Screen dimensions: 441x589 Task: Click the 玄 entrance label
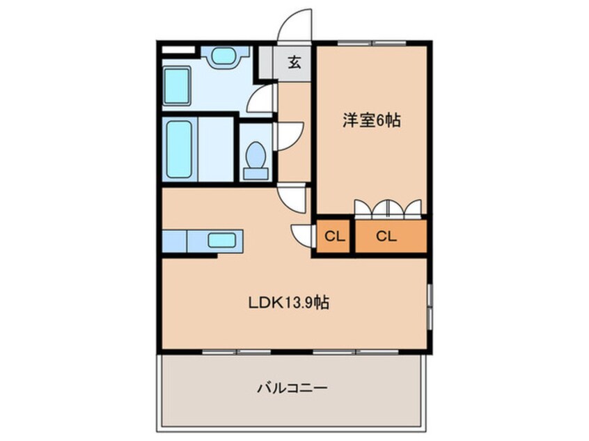tap(294, 63)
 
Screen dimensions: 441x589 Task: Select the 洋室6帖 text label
tap(370, 120)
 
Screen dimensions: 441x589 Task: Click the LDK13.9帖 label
tap(289, 303)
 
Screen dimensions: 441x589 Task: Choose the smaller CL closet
tap(334, 236)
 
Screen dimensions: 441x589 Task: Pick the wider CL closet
tap(387, 236)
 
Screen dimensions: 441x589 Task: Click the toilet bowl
tap(256, 157)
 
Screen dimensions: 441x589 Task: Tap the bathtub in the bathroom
tap(178, 147)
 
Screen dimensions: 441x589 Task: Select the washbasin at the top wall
tap(225, 56)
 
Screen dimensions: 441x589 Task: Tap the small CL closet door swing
tap(302, 235)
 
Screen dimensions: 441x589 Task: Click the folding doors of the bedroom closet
tap(387, 209)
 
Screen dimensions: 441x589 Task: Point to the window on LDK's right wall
tap(430, 306)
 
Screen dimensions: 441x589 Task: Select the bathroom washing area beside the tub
tap(214, 147)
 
